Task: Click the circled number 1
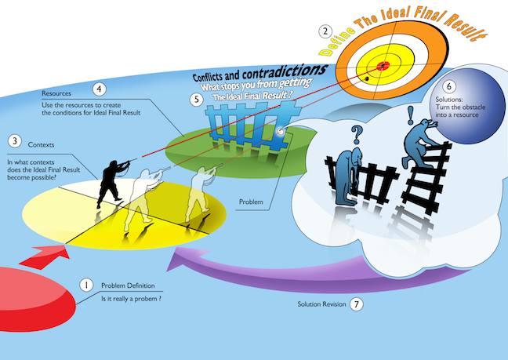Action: [86, 285]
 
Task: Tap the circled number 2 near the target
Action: [325, 31]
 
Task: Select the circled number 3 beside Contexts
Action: [15, 141]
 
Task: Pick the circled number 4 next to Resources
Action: [100, 89]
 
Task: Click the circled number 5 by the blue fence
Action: [197, 99]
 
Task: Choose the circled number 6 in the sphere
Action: [449, 86]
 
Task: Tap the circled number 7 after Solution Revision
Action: [357, 304]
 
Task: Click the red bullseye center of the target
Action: [383, 66]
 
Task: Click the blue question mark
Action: [357, 135]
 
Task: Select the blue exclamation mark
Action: [411, 115]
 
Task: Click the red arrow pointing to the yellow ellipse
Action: [45, 257]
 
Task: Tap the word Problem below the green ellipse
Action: [251, 202]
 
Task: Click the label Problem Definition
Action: [128, 285]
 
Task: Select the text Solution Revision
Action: [321, 304]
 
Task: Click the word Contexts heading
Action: [41, 144]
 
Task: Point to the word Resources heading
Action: [56, 93]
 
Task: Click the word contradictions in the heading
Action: [285, 71]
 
